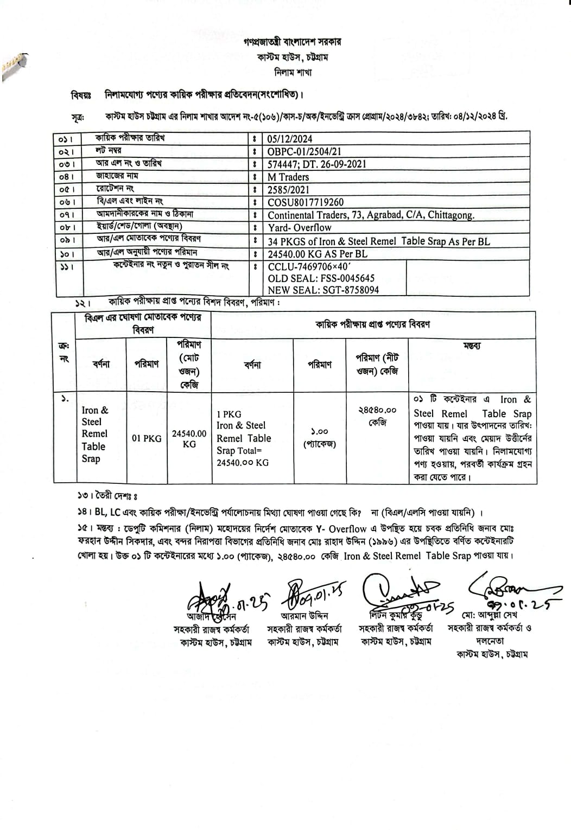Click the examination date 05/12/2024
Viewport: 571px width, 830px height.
(x=289, y=139)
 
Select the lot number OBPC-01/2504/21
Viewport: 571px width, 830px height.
(x=304, y=151)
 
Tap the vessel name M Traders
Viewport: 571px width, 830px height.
(x=288, y=177)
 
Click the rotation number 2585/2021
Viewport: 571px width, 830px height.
(x=288, y=189)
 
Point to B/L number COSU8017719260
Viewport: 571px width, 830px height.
(x=306, y=202)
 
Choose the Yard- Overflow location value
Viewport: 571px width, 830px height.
(x=299, y=228)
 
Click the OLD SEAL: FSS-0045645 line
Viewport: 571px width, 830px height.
(x=321, y=278)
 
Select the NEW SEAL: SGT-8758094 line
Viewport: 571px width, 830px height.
(x=323, y=290)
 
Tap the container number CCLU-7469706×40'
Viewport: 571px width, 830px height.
(x=309, y=266)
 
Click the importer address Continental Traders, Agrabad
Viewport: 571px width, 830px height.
(x=371, y=215)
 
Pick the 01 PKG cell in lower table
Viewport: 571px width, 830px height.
(x=147, y=438)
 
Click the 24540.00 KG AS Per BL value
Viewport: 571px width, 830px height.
(x=318, y=254)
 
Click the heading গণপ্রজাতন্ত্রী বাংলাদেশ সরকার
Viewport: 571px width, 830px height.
(x=293, y=42)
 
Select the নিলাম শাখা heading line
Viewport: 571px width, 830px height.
(x=293, y=72)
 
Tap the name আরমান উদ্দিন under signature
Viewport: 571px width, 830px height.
(x=304, y=616)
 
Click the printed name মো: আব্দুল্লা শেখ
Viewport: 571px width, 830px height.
(x=490, y=616)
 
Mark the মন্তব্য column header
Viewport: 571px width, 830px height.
(x=472, y=346)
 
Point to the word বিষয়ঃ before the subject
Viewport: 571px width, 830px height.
(x=81, y=95)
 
